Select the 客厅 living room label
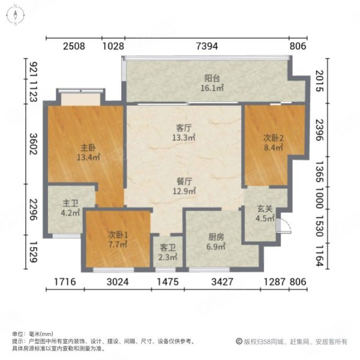click(x=183, y=128)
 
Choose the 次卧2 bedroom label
click(x=272, y=138)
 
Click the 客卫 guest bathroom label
click(x=168, y=248)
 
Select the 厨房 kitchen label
click(x=215, y=237)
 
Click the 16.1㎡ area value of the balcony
click(x=212, y=88)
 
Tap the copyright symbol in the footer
click(x=238, y=341)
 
